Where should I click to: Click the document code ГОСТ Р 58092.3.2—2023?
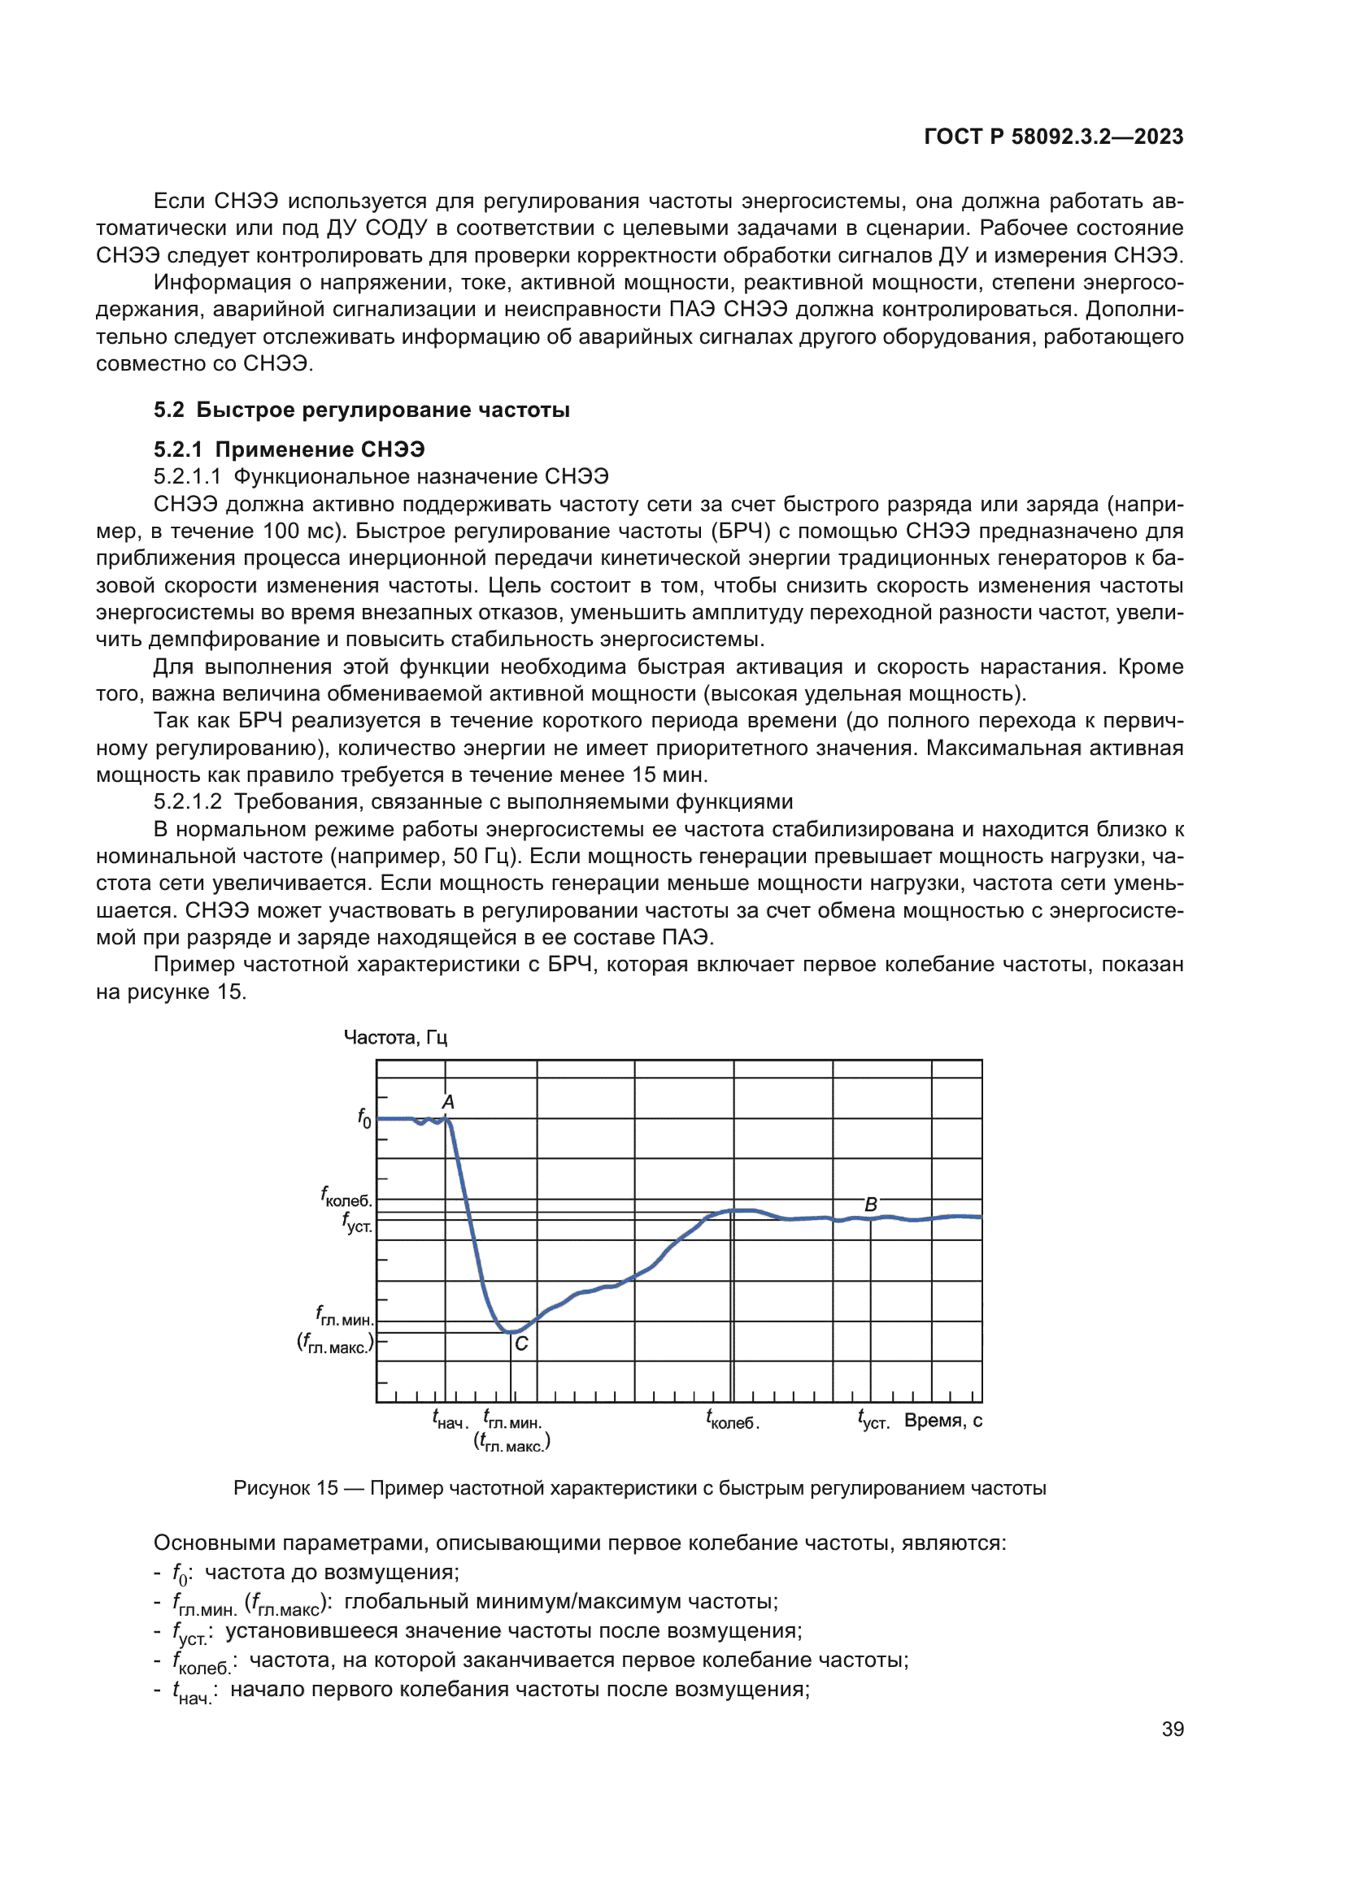(1052, 137)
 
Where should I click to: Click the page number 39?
(1172, 1729)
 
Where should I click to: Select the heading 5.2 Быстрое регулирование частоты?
(361, 410)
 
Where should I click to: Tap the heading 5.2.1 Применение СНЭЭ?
(289, 449)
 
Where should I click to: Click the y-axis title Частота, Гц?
(395, 1037)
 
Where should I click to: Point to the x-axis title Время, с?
(942, 1421)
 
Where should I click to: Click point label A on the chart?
(448, 1102)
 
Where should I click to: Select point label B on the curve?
(870, 1204)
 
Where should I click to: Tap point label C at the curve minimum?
(521, 1343)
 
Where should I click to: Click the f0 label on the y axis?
(364, 1118)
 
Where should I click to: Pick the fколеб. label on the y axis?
(346, 1197)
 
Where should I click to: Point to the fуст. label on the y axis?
(357, 1223)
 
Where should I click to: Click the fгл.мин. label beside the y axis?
(345, 1316)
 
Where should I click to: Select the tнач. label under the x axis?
(450, 1420)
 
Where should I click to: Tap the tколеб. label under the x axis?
(732, 1420)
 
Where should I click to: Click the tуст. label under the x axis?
(873, 1420)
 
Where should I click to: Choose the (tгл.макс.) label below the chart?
(511, 1443)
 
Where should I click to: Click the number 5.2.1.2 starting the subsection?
(187, 801)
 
